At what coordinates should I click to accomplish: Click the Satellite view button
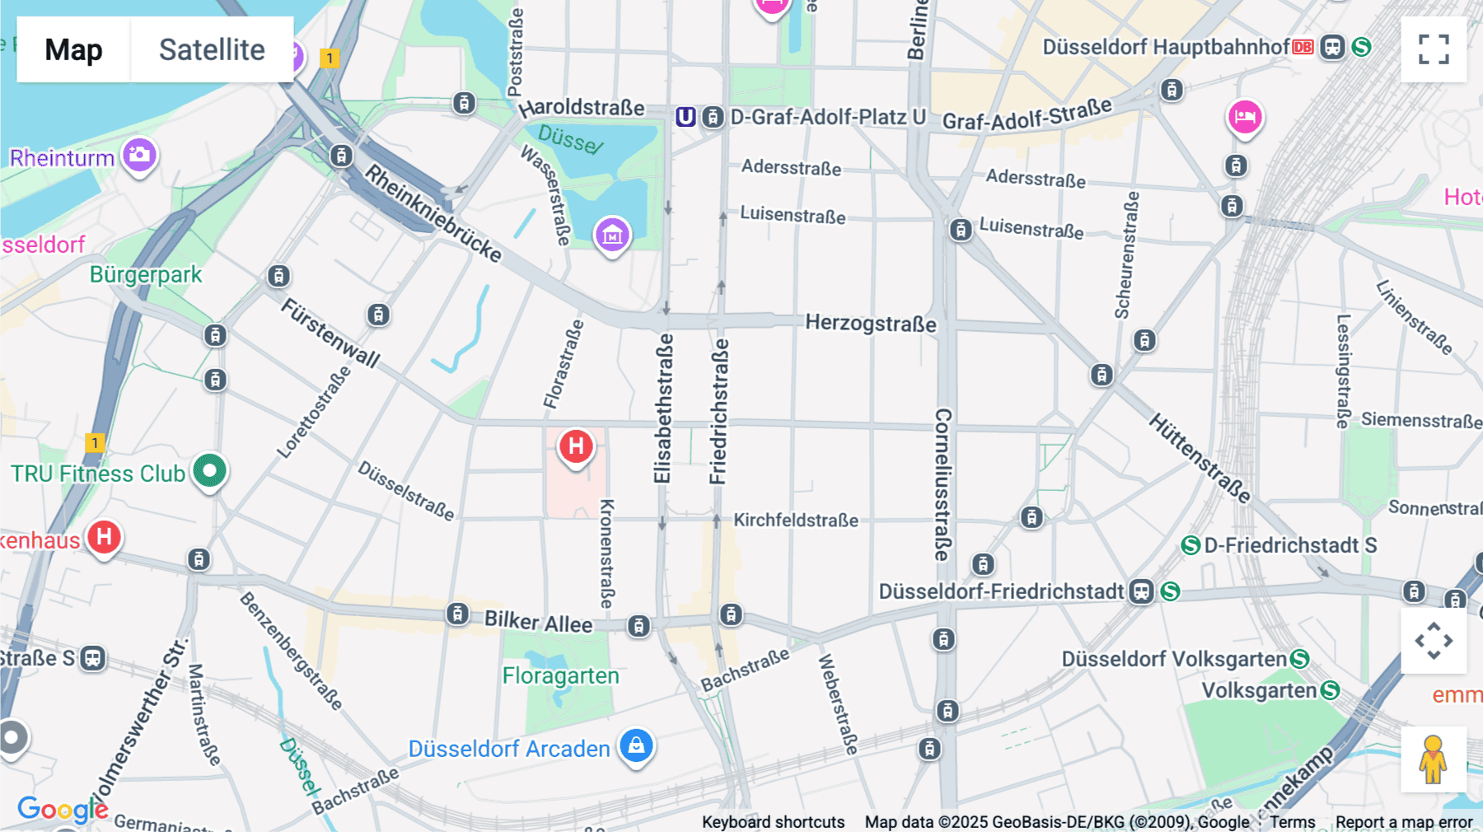click(212, 49)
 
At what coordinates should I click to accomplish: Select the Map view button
click(73, 49)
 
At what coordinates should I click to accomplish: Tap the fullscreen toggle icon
click(1434, 49)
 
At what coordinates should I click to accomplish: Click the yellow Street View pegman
click(1433, 760)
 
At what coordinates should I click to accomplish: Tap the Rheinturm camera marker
click(140, 154)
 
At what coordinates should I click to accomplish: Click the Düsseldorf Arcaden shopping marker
click(636, 746)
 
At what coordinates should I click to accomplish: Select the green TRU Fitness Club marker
click(210, 471)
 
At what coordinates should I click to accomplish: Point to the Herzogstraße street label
click(870, 323)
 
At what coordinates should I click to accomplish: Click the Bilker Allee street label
click(538, 622)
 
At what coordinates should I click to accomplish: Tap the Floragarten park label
click(560, 676)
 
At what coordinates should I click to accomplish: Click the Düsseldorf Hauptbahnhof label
click(1165, 47)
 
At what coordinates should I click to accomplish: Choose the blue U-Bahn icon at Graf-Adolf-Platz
click(685, 117)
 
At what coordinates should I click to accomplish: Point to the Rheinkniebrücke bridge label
click(433, 213)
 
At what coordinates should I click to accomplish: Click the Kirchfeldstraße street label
click(796, 520)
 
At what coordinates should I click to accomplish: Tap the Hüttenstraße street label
click(1200, 458)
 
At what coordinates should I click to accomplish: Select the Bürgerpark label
click(146, 274)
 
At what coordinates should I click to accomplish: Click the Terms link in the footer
click(1292, 822)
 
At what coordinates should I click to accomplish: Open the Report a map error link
click(1403, 822)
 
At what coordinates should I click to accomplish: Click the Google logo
click(62, 809)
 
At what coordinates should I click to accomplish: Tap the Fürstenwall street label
click(330, 333)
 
